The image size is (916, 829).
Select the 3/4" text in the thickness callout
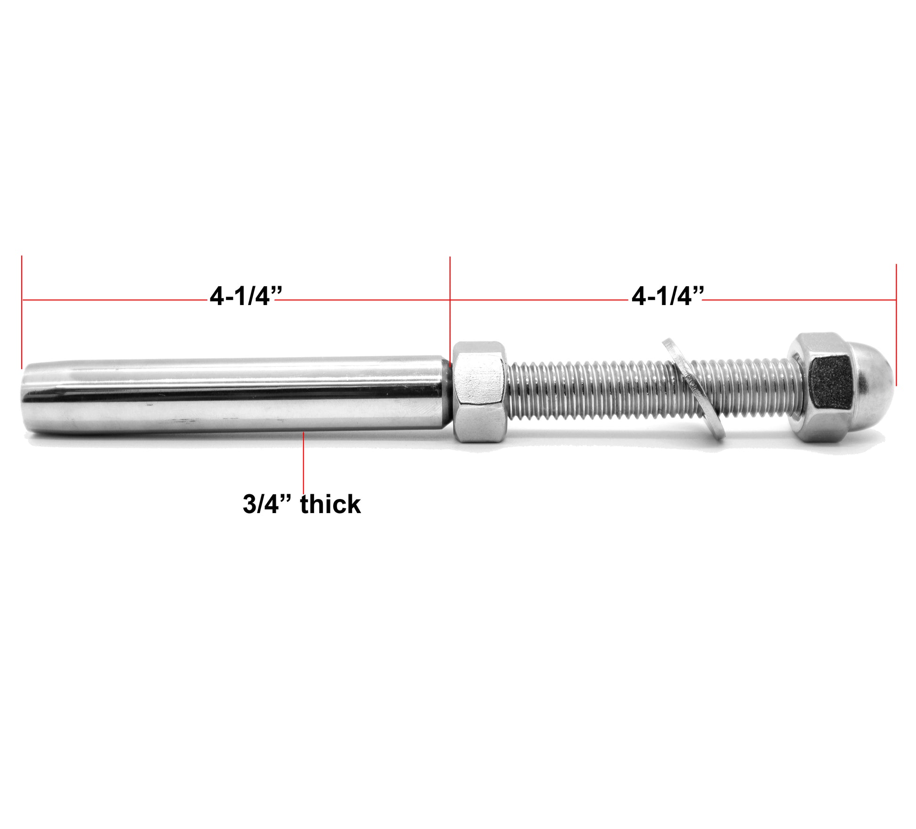pyautogui.click(x=268, y=504)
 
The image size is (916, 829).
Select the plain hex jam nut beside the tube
pyautogui.click(x=479, y=392)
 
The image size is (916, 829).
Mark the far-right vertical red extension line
pyautogui.click(x=896, y=325)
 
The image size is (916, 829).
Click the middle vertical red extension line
pyautogui.click(x=450, y=306)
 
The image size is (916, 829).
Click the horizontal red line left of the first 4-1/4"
pyautogui.click(x=113, y=299)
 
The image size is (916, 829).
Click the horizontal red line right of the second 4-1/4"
pyautogui.click(x=800, y=299)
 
